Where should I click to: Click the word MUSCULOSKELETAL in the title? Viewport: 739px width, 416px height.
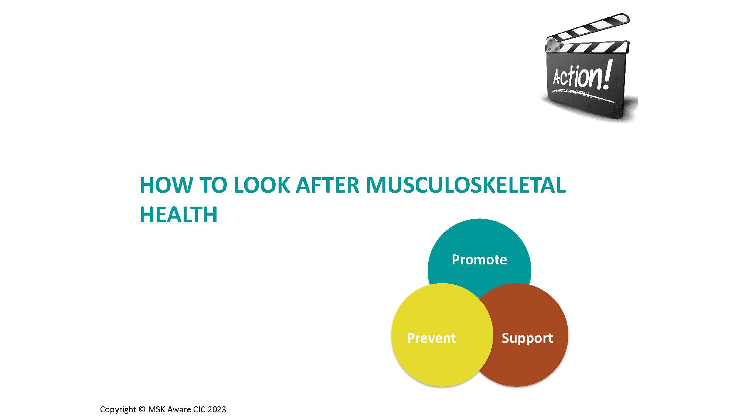pos(466,185)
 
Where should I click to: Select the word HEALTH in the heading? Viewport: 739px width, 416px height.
pos(179,214)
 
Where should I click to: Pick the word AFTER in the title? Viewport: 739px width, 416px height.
pos(328,185)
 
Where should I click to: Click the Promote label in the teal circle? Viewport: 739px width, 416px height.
pos(479,260)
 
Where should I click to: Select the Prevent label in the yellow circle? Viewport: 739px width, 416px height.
pos(431,338)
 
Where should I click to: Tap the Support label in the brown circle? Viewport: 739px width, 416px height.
pos(527,338)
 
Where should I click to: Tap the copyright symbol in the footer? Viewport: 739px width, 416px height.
pos(142,409)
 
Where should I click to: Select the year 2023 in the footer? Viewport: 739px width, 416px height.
pos(217,409)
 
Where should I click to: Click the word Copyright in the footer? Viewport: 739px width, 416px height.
pos(118,410)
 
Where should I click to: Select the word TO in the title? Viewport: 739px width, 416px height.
pos(213,185)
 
